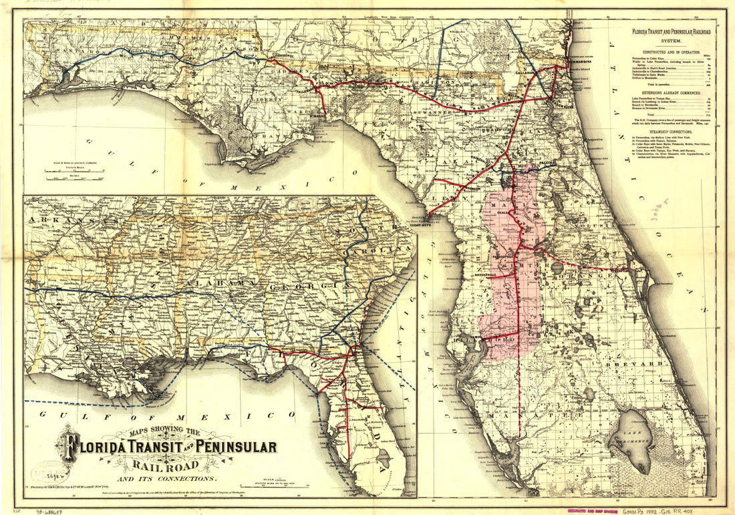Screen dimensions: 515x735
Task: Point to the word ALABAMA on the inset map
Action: [x=211, y=285]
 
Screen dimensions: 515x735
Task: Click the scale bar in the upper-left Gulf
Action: [x=73, y=173]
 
